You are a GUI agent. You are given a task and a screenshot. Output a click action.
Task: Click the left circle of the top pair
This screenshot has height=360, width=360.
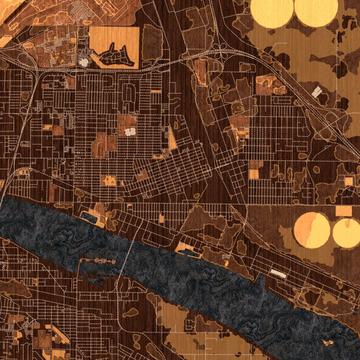(271, 12)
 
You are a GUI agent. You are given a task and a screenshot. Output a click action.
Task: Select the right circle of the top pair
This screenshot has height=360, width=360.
(316, 12)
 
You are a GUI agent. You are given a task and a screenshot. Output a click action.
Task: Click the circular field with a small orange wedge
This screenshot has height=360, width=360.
(346, 233)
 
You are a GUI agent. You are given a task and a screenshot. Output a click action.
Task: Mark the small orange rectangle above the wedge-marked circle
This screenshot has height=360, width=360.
(344, 211)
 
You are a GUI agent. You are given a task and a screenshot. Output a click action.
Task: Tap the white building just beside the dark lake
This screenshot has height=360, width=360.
(83, 61)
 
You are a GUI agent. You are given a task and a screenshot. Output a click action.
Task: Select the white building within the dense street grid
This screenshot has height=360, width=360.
(130, 131)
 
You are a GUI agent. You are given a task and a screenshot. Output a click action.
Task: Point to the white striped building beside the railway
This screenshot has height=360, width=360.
(317, 92)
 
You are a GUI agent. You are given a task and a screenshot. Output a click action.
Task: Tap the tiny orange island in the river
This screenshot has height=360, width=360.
(328, 342)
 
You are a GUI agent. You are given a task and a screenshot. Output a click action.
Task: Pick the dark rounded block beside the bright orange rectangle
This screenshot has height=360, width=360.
(152, 42)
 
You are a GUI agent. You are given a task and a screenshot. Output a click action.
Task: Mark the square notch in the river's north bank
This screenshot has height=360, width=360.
(90, 217)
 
